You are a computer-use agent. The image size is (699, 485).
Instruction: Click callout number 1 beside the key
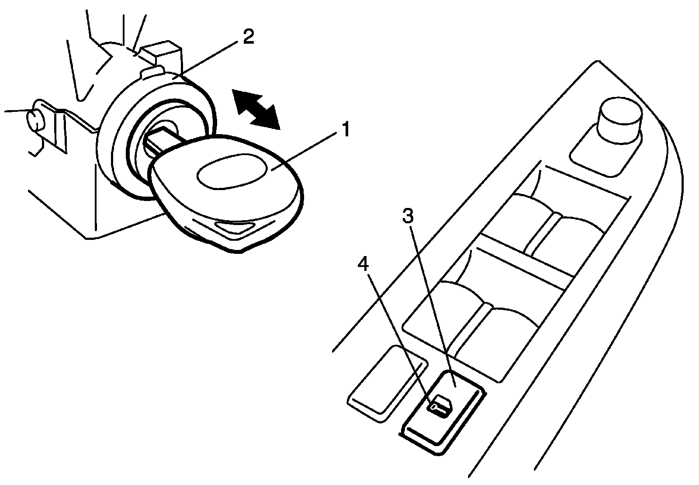coord(345,131)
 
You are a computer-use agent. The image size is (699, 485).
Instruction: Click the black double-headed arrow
coord(256,109)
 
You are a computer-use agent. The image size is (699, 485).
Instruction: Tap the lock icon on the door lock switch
coord(441,406)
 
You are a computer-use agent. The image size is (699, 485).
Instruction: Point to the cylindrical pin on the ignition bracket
coord(35,120)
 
